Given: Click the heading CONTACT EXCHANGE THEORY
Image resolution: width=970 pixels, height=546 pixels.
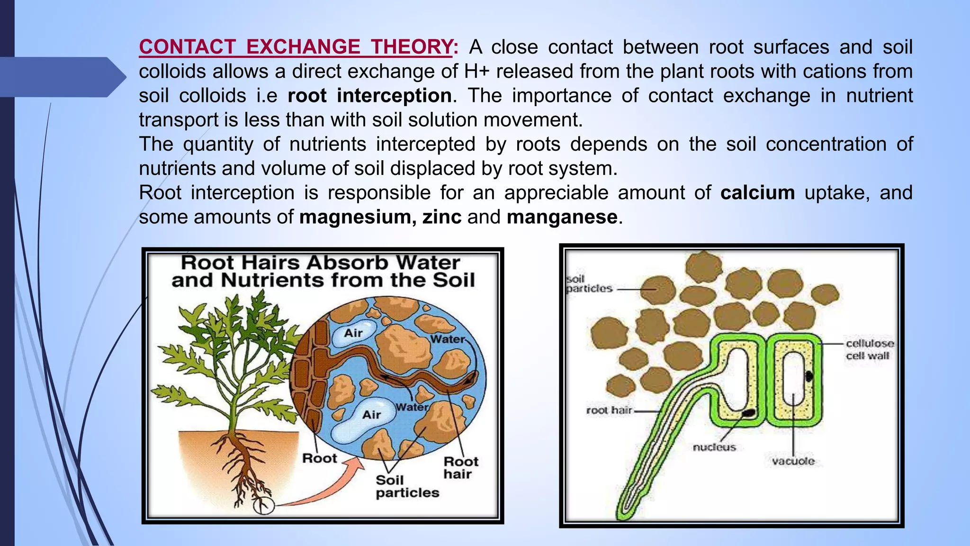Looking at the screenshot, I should coord(296,47).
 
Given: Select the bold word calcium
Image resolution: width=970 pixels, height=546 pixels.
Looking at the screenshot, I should coord(757,193).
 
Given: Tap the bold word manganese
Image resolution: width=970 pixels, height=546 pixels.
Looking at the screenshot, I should coord(562,217).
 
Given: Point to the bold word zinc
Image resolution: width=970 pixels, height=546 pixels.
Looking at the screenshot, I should coord(441,217).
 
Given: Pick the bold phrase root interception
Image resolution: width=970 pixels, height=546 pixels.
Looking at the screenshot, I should coord(369,96).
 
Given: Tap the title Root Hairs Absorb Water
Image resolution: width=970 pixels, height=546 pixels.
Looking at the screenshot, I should coord(320,263).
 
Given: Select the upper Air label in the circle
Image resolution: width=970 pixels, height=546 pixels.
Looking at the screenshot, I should coord(353,333).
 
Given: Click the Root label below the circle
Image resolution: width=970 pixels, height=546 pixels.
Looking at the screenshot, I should coord(320,458).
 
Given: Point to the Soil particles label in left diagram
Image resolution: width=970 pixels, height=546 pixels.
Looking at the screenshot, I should coord(407,487).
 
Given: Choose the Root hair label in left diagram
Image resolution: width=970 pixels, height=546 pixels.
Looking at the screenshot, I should coord(460,468).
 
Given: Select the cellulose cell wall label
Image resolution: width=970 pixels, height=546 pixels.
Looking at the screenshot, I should coord(870,349).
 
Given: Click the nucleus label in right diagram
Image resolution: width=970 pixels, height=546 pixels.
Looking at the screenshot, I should coord(714,447).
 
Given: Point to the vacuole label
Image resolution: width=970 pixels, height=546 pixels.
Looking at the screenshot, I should coord(793,461).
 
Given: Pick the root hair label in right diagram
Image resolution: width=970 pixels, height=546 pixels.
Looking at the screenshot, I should coord(609,410).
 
